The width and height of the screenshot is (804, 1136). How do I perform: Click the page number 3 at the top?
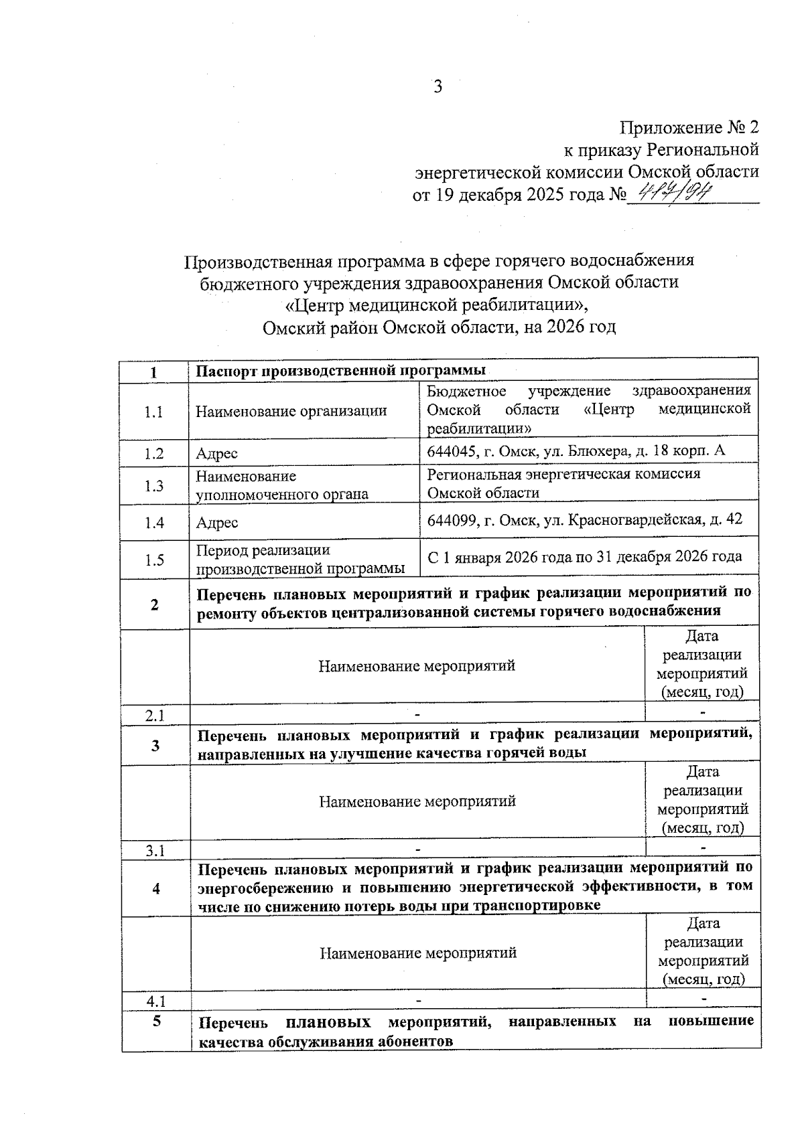point(438,86)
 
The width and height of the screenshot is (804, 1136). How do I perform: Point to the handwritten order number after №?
point(673,194)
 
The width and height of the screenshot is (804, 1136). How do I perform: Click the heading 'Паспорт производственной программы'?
point(342,371)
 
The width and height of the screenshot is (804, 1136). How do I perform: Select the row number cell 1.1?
point(154,412)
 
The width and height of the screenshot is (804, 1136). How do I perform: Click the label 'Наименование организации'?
point(291,411)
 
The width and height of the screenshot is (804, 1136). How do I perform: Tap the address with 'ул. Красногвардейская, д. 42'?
point(584,519)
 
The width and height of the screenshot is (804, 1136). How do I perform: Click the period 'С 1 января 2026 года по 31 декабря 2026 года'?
point(584,556)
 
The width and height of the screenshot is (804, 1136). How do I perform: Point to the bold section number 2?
point(155,604)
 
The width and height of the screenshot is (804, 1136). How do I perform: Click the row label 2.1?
point(155,716)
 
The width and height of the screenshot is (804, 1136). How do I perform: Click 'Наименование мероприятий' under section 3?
point(417,801)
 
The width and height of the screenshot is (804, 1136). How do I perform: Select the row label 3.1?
point(155,851)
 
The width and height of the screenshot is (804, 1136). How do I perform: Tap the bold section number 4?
point(156,889)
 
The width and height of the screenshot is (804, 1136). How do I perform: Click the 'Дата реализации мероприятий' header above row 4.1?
point(703,951)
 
